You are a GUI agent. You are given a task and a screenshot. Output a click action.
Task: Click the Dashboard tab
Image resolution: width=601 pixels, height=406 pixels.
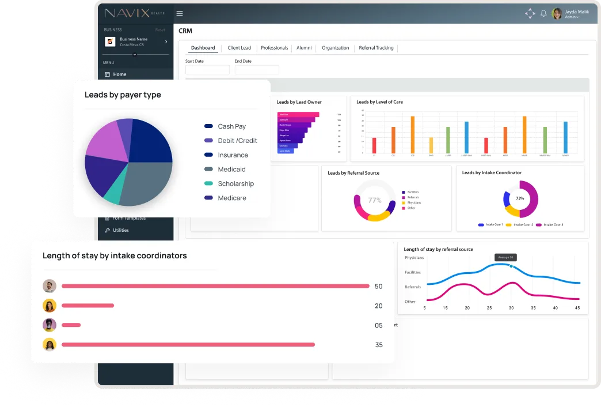[203, 48]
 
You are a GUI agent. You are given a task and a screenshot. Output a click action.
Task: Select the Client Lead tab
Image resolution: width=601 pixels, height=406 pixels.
[239, 48]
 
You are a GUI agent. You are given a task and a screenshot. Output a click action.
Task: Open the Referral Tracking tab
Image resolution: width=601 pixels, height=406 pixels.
[376, 48]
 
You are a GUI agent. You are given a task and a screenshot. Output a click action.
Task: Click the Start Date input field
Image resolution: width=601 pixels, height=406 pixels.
[207, 70]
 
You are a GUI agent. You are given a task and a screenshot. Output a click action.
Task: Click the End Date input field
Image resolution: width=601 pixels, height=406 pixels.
[257, 70]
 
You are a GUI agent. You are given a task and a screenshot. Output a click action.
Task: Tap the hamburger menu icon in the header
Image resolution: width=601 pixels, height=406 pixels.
[180, 13]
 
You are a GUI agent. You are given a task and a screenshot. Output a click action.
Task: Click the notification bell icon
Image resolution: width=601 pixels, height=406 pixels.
[543, 13]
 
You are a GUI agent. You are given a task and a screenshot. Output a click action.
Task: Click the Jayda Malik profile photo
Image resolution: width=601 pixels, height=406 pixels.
[557, 14]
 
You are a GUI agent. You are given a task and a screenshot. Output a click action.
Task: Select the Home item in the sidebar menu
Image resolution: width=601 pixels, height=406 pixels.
[119, 74]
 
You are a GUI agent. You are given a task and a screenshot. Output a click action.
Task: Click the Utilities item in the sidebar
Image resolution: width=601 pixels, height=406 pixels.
[120, 230]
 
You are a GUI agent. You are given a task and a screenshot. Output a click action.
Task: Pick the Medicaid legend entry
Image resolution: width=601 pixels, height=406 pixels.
[231, 170]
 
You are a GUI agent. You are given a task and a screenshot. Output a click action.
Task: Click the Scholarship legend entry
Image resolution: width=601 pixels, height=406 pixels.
[235, 183]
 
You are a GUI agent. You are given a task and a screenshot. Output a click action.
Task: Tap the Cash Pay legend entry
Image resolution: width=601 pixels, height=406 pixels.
[231, 126]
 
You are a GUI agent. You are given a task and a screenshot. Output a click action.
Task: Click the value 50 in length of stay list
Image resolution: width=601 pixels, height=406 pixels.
[378, 287]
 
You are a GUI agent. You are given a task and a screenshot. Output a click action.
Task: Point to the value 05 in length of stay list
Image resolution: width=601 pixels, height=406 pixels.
[378, 325]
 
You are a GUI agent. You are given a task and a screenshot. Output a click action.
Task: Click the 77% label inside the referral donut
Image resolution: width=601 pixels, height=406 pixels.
[375, 200]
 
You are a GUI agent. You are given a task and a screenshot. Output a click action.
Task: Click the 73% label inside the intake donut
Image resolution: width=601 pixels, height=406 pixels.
[520, 198]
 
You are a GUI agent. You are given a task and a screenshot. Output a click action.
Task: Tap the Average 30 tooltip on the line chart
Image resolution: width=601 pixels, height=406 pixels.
[505, 257]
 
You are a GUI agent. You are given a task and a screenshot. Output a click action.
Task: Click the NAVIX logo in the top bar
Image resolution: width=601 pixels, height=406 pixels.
[134, 13]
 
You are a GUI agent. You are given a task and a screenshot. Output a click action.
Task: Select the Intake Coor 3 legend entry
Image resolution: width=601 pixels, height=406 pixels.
[553, 224]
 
